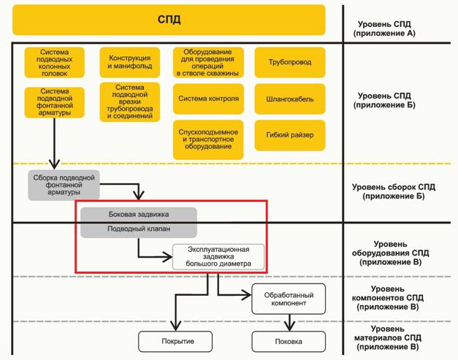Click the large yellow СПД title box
click(x=169, y=20)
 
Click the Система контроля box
click(x=208, y=98)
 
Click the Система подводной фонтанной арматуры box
click(x=56, y=102)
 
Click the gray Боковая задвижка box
click(x=138, y=215)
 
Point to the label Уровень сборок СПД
click(x=393, y=192)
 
